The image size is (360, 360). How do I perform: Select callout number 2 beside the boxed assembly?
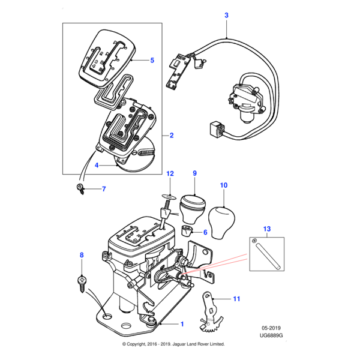pyautogui.click(x=172, y=136)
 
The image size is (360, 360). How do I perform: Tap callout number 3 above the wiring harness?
pyautogui.click(x=226, y=15)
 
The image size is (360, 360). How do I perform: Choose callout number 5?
pyautogui.click(x=152, y=60)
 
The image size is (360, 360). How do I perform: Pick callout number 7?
pyautogui.click(x=103, y=190)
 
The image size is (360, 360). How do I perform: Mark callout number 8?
pyautogui.click(x=82, y=256)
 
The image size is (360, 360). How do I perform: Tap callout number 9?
pyautogui.click(x=194, y=173)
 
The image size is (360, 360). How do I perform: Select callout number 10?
pyautogui.click(x=224, y=186)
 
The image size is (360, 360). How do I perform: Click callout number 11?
pyautogui.click(x=236, y=298)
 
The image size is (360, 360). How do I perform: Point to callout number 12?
pyautogui.click(x=170, y=173)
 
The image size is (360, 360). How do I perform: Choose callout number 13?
pyautogui.click(x=267, y=229)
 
